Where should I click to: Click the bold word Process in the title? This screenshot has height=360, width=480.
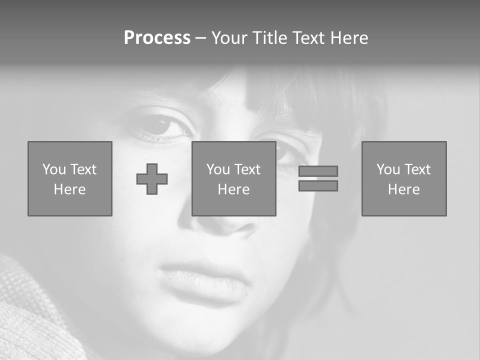point(157,38)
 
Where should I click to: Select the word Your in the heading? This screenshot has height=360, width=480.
point(229,38)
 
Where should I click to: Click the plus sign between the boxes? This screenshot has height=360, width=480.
point(152,179)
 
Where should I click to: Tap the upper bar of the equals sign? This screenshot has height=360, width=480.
point(318,171)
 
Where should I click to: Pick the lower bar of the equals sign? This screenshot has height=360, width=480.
point(318,186)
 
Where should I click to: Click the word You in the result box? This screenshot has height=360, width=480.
point(388,169)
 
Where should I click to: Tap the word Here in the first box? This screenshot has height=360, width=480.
point(70,189)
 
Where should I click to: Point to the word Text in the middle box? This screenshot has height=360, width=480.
point(247,169)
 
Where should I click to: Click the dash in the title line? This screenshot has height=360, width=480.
point(200,38)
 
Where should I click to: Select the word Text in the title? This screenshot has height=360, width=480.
point(308,38)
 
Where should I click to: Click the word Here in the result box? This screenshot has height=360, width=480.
point(404,189)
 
